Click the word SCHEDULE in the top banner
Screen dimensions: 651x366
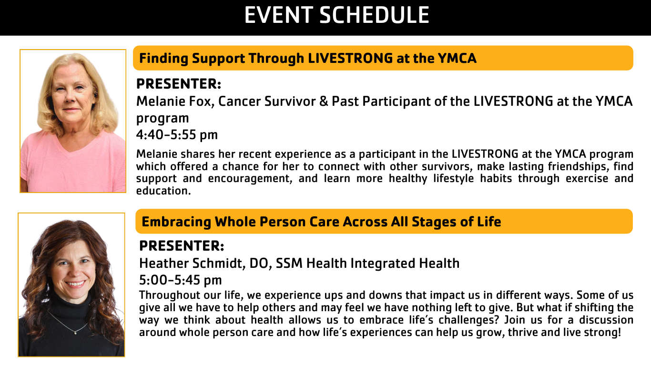[374, 15]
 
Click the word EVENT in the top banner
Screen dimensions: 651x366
[279, 15]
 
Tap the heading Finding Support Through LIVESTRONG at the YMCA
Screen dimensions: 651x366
[308, 59]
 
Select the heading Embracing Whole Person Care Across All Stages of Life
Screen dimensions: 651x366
[321, 222]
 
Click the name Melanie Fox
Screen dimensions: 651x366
[175, 102]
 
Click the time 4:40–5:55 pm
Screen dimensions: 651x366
[177, 135]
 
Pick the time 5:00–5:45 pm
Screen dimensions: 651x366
[180, 280]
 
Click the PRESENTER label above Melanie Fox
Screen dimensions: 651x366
[179, 84]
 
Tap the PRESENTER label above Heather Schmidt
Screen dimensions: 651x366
[182, 246]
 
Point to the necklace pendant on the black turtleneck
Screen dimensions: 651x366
[75, 333]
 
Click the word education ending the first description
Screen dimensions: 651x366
[163, 191]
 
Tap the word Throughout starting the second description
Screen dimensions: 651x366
[170, 295]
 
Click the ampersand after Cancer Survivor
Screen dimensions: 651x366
[324, 102]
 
